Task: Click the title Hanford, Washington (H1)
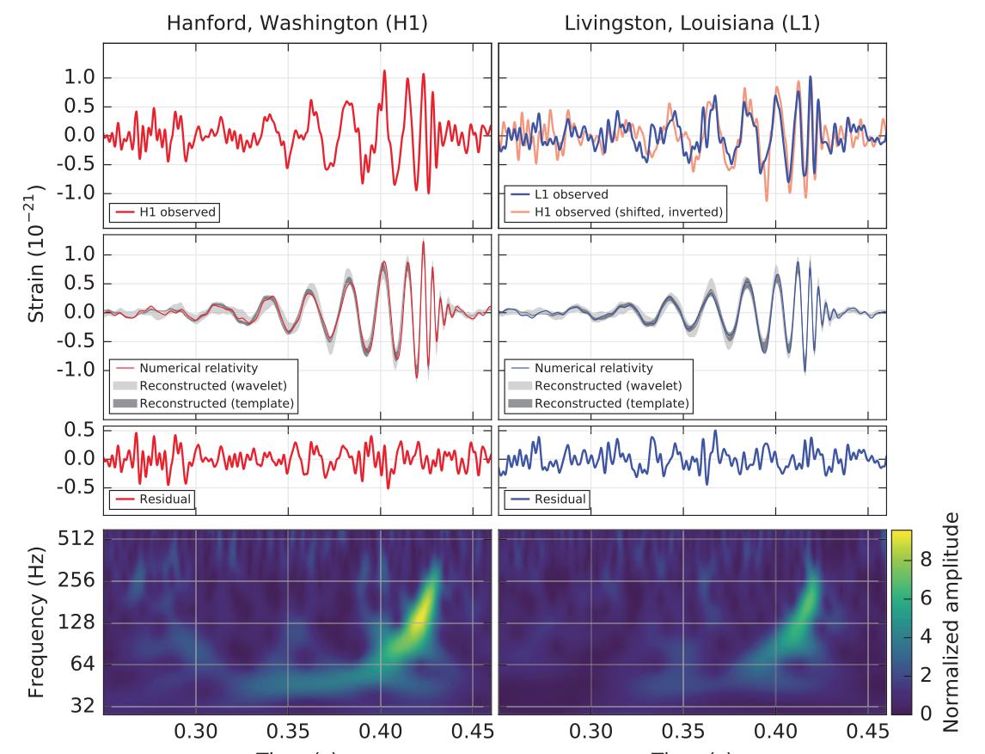click(x=297, y=22)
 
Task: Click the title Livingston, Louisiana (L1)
click(x=692, y=22)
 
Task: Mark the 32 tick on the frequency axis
click(x=82, y=707)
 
